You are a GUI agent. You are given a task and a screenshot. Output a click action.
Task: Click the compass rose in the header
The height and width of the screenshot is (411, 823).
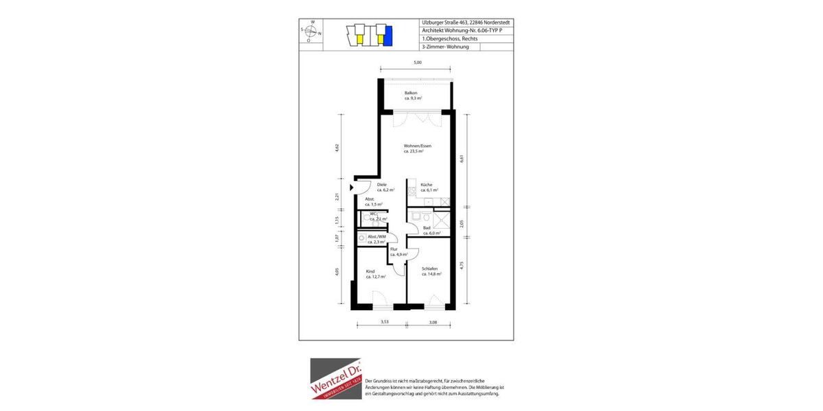coord(312,31)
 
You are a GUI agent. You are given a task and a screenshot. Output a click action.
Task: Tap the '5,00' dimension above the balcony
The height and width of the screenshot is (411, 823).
coord(417,62)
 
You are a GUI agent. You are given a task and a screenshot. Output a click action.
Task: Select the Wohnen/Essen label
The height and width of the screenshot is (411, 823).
coord(417,149)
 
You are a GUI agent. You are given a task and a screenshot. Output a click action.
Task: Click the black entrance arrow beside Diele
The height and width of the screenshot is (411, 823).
coord(352,186)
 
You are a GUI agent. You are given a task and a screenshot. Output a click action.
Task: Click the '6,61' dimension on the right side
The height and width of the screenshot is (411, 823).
coord(462,158)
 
